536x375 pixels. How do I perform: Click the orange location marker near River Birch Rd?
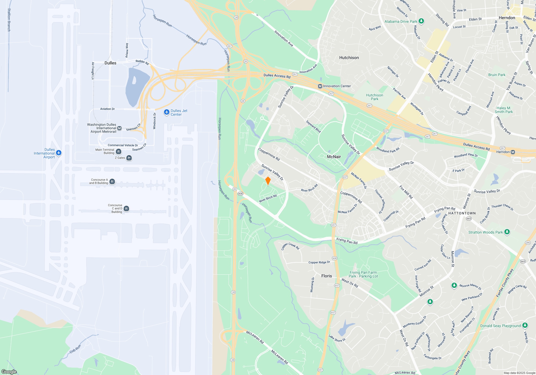coord(268,181)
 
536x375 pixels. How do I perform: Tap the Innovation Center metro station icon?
coord(320,86)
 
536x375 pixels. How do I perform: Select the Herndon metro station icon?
coord(513,152)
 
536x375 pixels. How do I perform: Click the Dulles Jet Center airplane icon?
coord(167,112)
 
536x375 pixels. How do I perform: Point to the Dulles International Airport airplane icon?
coord(59,153)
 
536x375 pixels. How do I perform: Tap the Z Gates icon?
coord(129,158)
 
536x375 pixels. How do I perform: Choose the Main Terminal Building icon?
coord(119,151)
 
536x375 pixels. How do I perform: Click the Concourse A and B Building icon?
coord(112,181)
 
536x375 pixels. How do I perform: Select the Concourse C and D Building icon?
coord(126,208)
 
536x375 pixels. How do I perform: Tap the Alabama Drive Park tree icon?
coord(421,21)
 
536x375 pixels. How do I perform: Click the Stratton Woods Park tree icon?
coord(507,232)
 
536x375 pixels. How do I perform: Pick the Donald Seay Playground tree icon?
coord(525,325)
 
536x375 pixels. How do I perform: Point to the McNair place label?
coord(334,157)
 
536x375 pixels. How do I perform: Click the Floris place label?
coord(326,276)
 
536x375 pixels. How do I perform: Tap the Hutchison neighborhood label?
coord(349,58)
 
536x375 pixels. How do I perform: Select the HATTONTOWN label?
coord(462,213)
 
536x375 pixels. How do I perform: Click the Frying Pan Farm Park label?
coord(363,274)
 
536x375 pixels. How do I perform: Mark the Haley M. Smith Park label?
coord(503,110)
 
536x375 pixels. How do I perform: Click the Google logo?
coord(9,372)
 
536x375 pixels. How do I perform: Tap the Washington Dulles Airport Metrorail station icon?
coord(120,128)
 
